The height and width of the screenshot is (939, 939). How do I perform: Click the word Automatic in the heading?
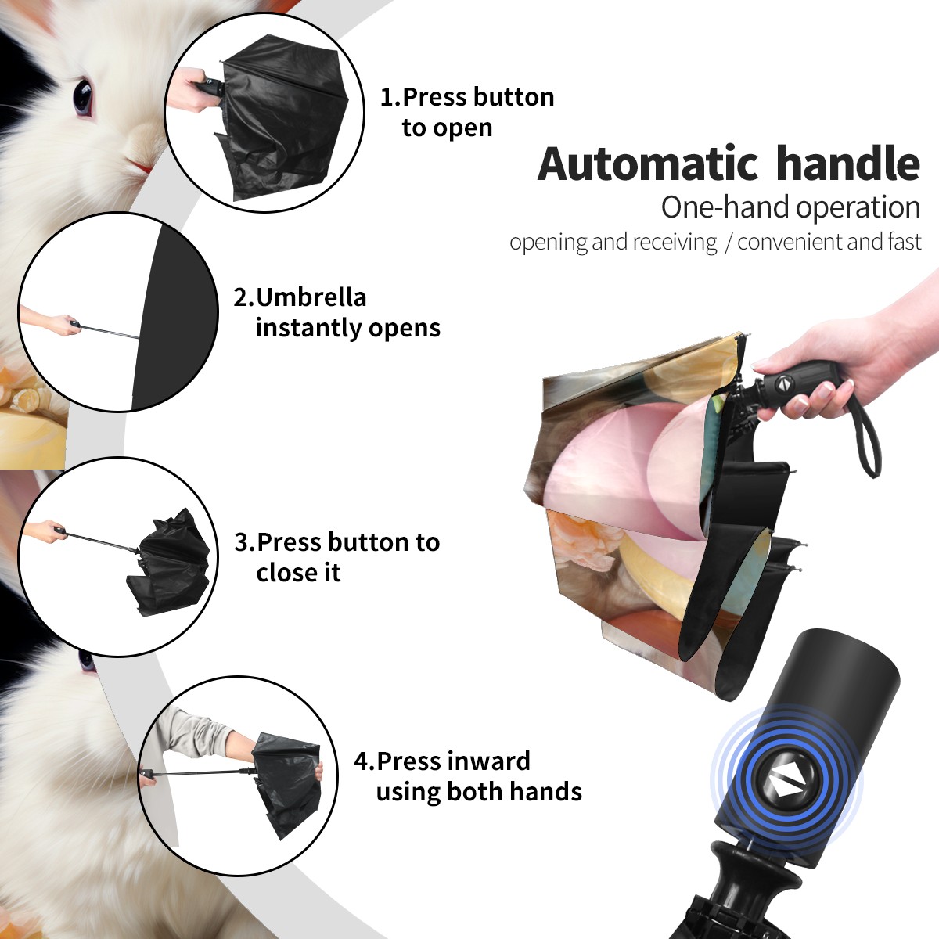pos(648,164)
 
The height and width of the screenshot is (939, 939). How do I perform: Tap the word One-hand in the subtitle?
pos(726,207)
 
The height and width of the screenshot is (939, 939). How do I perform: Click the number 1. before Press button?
pos(390,97)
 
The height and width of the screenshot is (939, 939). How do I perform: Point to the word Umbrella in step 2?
pos(311,297)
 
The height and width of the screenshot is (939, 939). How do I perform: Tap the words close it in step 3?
pos(299,573)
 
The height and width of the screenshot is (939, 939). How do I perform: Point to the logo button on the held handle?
pos(783,384)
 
